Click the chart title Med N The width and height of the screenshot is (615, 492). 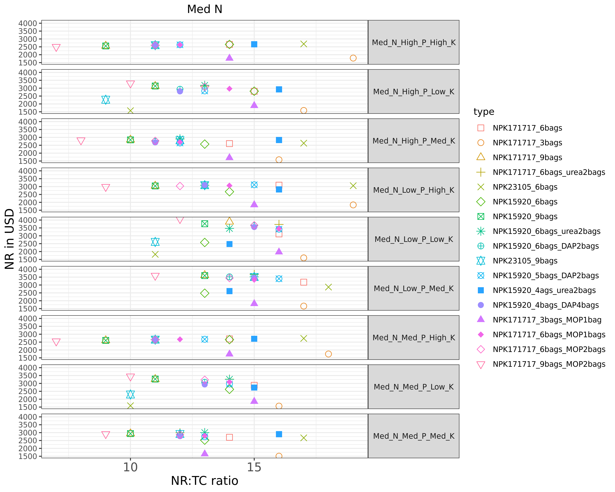pos(205,9)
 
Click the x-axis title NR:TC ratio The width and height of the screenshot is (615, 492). pos(205,481)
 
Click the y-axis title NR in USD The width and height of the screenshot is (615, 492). pos(9,239)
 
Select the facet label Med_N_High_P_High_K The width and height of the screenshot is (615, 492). pos(414,42)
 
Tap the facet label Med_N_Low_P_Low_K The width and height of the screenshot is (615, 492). pos(414,239)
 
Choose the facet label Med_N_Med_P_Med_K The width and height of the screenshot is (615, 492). pos(414,436)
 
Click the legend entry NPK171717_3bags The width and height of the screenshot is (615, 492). pos(527,143)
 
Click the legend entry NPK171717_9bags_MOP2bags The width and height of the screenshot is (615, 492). pos(549,364)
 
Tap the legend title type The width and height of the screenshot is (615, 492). pos(484,112)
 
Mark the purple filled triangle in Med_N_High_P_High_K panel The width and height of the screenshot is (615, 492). pos(229,58)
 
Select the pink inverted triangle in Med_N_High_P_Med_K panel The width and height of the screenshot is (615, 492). pos(81,141)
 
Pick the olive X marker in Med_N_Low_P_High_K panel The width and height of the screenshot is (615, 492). pos(353,186)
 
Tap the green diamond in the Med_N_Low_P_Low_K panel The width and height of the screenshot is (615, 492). pos(205,243)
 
